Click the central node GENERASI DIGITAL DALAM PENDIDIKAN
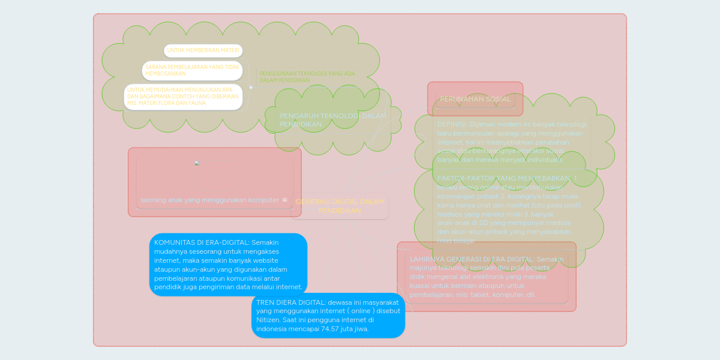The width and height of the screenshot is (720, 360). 340,206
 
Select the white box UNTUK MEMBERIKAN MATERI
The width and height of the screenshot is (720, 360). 203,50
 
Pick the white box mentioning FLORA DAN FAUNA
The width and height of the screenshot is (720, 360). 183,97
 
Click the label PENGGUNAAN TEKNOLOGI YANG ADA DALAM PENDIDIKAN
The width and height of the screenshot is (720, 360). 307,77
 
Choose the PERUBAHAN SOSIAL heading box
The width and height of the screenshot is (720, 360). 475,99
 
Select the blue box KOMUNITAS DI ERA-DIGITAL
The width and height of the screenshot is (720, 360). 228,265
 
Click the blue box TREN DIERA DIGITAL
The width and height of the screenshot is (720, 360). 328,316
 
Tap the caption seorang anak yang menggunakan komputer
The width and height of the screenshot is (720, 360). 209,200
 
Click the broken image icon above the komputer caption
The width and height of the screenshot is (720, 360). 197,163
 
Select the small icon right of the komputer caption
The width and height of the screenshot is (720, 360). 284,200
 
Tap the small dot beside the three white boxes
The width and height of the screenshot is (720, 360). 251,87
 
